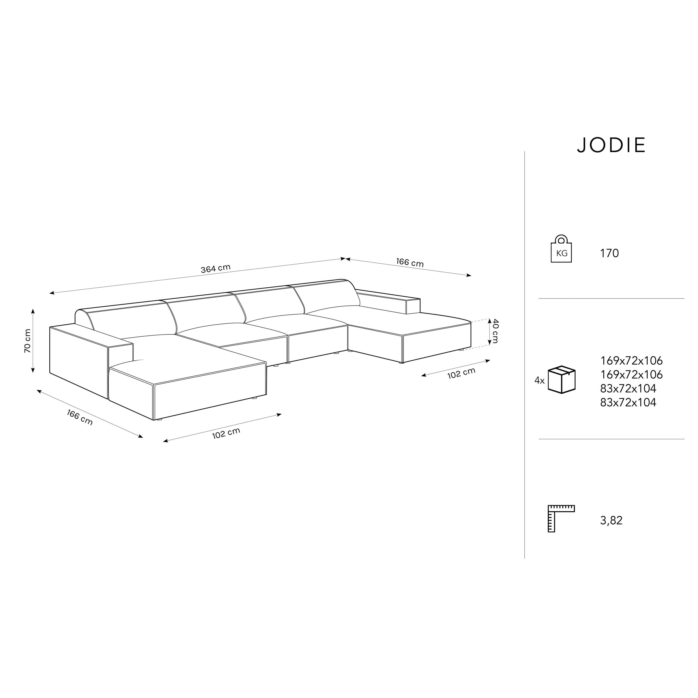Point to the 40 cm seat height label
coord(495,331)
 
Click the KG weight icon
coord(561,249)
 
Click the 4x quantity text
coord(539,380)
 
